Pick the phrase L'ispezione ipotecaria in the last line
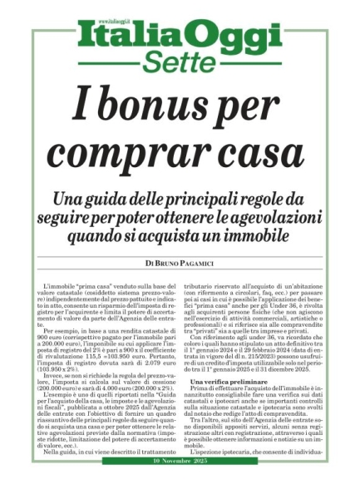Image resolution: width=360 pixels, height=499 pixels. [232, 475]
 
